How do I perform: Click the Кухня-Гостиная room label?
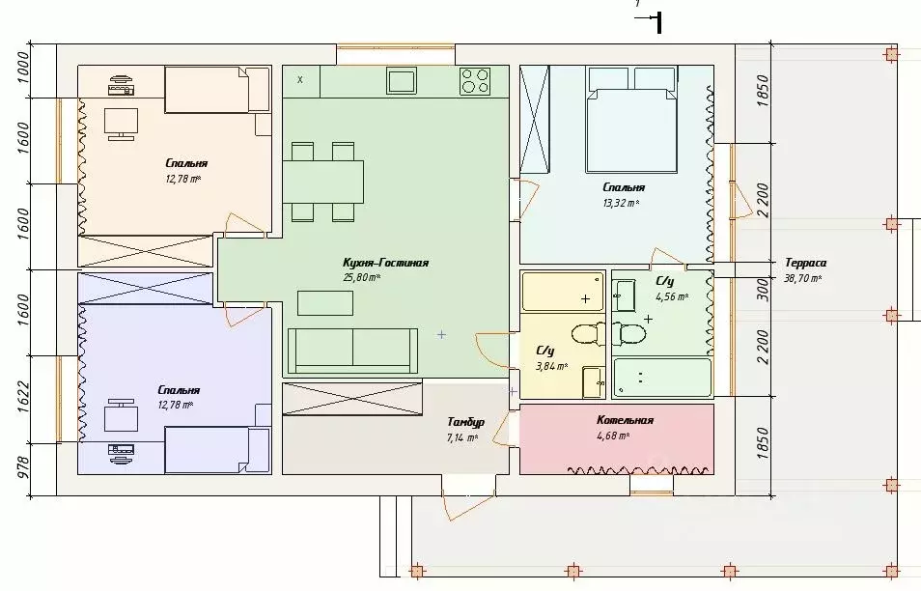385,263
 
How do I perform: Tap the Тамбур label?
465,422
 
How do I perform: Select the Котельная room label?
625,420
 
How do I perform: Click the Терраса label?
806,263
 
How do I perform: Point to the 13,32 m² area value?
620,203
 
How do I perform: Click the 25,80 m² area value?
362,277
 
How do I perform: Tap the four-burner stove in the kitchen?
475,81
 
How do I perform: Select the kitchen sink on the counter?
402,81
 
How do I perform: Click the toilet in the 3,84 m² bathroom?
589,335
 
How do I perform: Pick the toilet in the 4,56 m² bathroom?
629,334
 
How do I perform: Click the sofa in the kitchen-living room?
352,351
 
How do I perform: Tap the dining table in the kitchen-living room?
323,183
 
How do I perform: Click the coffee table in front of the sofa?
325,303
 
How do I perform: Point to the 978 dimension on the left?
23,468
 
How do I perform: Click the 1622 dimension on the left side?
23,398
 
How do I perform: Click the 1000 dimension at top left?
23,68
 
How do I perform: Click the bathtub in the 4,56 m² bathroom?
662,378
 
